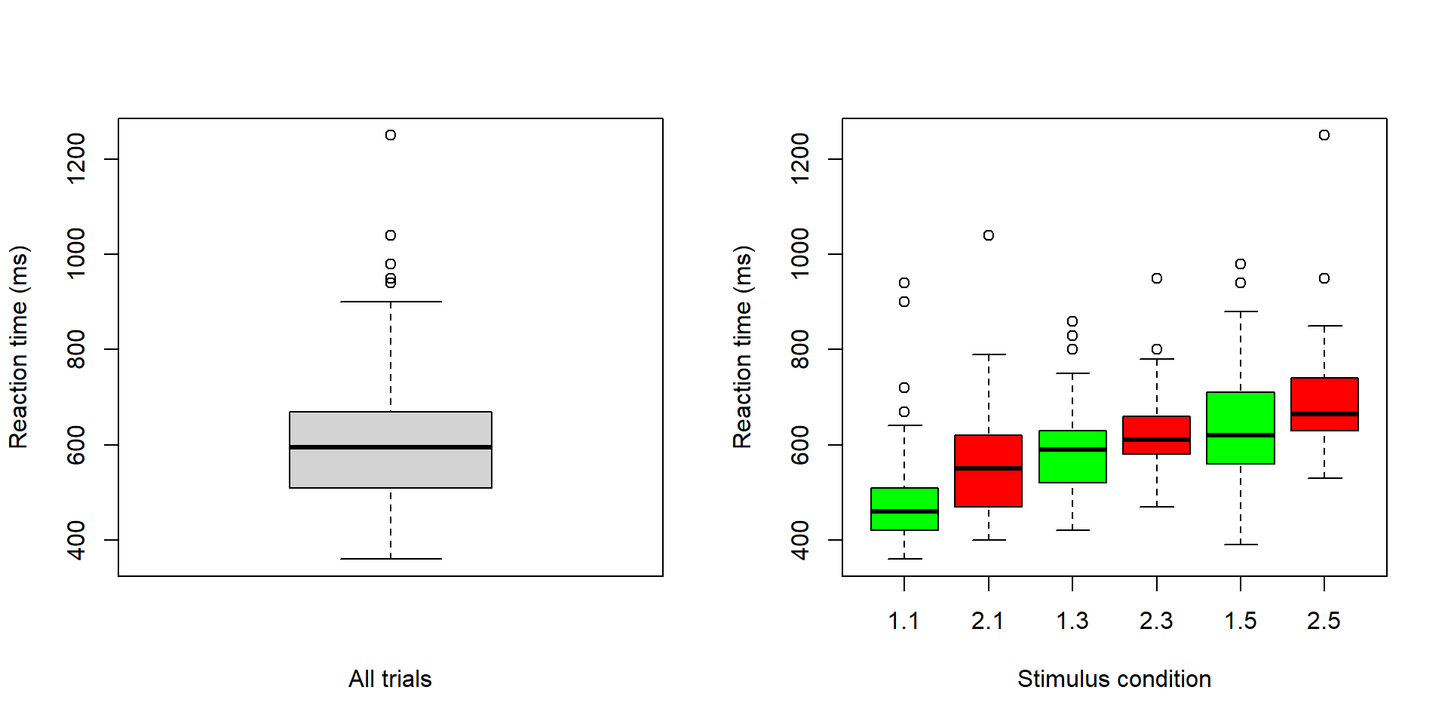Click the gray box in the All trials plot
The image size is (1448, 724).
(x=391, y=468)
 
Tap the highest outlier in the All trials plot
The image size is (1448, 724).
(x=391, y=135)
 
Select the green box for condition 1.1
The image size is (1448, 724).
(x=904, y=520)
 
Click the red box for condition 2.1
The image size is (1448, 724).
(x=988, y=486)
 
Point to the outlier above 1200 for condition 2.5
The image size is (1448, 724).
(x=1324, y=135)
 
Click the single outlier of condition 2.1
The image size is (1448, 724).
(x=989, y=235)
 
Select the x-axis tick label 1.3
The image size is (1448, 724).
(x=1072, y=621)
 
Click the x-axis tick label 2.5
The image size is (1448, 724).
(x=1324, y=621)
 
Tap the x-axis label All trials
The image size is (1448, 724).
(x=390, y=679)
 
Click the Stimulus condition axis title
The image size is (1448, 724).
(x=1114, y=679)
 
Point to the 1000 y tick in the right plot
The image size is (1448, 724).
(x=800, y=253)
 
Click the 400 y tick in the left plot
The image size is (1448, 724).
(x=76, y=540)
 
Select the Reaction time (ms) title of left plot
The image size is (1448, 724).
(x=19, y=347)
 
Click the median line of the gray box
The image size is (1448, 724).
(x=391, y=447)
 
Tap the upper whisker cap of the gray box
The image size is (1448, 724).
(x=391, y=302)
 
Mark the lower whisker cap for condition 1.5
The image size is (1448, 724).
(x=1241, y=545)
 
